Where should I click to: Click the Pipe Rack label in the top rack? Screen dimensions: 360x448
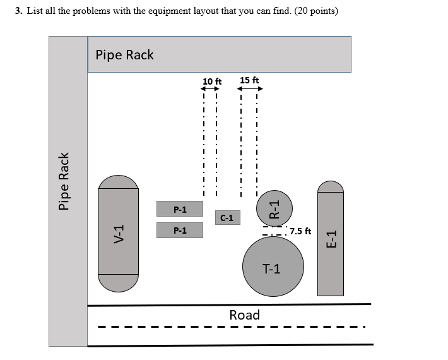point(124,55)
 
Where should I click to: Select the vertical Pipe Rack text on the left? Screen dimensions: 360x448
point(63,181)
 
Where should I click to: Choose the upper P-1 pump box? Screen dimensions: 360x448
point(180,209)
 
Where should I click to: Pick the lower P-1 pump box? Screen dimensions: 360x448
point(180,231)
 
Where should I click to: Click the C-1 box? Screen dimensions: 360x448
point(227,218)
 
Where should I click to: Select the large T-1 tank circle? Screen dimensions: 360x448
point(273,266)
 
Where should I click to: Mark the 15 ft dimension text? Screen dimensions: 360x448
point(249,80)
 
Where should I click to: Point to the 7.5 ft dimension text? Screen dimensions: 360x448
point(300,231)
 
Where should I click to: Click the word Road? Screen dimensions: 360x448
point(244,315)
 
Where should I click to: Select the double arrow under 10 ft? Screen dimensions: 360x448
point(210,89)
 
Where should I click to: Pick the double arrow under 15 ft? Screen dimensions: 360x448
point(250,88)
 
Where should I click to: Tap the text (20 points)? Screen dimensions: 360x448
point(316,11)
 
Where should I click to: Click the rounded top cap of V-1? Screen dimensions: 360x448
point(118,182)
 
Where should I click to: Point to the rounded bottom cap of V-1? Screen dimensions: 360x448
point(118,282)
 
